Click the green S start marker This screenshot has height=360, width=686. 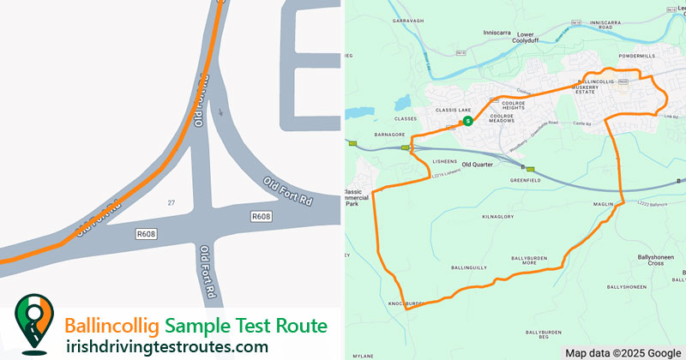(467, 122)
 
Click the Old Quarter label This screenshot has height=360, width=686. (479, 164)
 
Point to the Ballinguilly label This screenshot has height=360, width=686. (468, 268)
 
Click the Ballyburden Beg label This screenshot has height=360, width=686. (543, 334)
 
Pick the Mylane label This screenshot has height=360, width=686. (364, 354)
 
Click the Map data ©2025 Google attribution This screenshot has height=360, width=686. (623, 352)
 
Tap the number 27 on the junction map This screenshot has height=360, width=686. (171, 202)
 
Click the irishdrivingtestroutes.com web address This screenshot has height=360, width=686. (167, 346)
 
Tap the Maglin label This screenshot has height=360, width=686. (604, 204)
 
